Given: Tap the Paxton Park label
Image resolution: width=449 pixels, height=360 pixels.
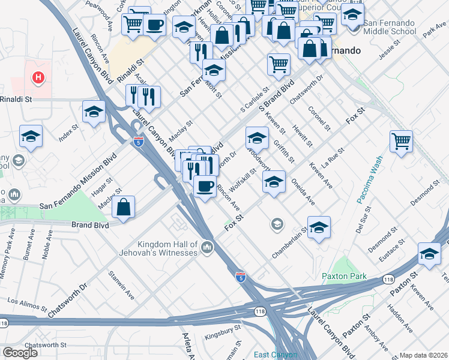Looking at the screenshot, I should point(343,277).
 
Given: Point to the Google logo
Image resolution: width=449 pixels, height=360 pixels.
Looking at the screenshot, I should point(20,353).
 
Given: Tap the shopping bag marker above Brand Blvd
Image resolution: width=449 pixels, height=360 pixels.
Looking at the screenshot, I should point(123,208).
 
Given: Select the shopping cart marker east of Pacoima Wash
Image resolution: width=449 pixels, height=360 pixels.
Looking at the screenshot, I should point(401,142).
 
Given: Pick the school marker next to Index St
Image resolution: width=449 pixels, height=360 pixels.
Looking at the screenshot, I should point(94,112).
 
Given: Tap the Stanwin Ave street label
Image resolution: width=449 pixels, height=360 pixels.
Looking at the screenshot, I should point(122,285).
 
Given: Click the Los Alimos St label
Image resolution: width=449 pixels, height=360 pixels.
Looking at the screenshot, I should point(26,299).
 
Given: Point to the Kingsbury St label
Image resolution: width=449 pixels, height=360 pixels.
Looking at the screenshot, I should point(222,328).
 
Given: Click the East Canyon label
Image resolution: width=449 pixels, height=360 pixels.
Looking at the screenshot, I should point(275,355).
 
